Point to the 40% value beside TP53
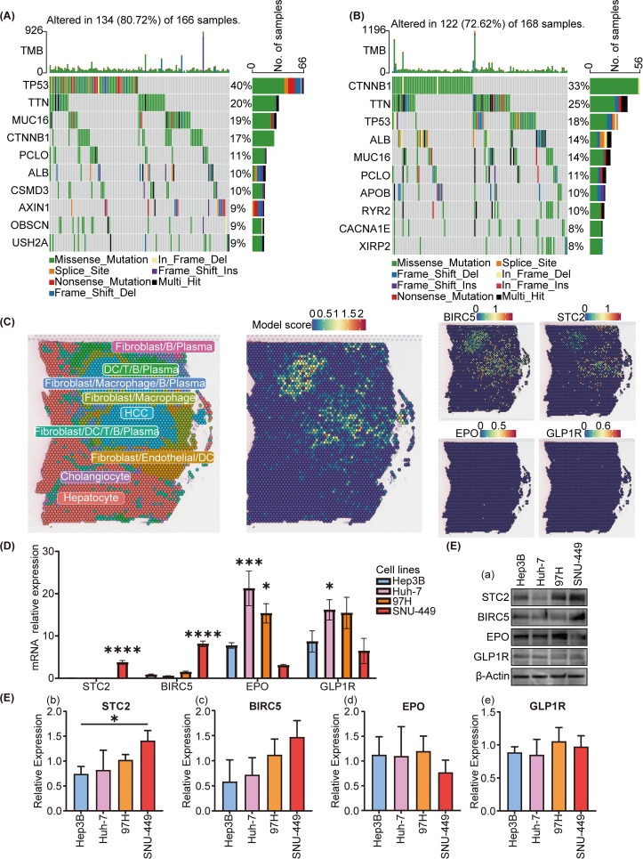coord(240,86)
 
